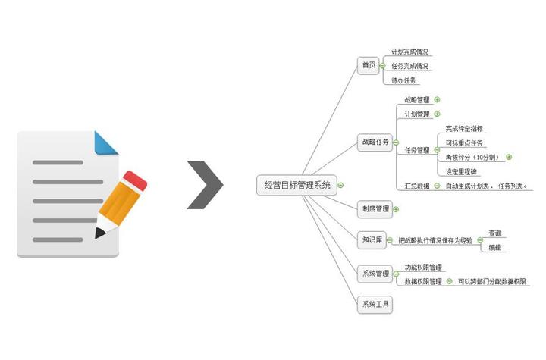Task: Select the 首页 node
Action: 369,66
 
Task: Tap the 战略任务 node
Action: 375,142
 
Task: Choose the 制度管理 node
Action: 375,208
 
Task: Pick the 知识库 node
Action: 372,240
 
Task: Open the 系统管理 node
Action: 375,274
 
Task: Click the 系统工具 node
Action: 375,305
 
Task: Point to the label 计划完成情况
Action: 409,52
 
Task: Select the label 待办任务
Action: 403,80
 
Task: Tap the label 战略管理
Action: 416,99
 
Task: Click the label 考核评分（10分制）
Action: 472,157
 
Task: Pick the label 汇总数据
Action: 417,186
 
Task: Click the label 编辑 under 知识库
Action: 494,247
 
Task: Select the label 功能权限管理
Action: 423,267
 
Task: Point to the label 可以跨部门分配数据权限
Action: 491,281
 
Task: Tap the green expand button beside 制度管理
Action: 396,208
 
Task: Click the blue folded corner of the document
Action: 106,142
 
